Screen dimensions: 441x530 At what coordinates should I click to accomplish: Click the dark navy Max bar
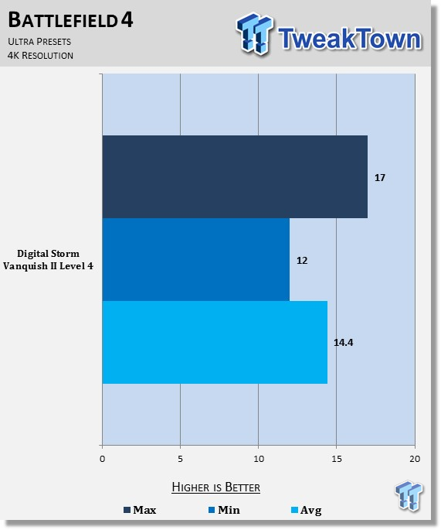coord(235,176)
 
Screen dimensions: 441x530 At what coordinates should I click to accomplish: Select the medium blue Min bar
coord(195,260)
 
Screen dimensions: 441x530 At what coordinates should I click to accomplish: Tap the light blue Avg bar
coord(215,343)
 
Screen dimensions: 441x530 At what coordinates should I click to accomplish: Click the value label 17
coord(379,178)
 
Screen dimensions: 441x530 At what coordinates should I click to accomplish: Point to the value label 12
coord(302,261)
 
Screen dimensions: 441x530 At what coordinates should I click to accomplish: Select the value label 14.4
coord(343,343)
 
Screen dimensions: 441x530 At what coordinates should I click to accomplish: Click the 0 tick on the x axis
coord(102,459)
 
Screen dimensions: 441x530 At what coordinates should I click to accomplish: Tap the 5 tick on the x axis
coord(180,459)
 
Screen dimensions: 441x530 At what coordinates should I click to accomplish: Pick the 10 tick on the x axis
coord(259,459)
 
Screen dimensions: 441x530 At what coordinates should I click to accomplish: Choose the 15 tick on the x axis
coord(337,459)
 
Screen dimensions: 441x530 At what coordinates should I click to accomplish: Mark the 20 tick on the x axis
coord(415,459)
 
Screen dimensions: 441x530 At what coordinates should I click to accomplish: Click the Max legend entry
coord(140,510)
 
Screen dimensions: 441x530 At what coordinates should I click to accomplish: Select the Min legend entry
coord(225,510)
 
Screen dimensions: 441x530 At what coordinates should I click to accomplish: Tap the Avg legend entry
coord(307,510)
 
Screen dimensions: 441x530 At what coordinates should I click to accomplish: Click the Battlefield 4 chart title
coord(70,20)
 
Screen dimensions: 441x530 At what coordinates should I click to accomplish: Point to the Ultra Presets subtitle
coord(39,42)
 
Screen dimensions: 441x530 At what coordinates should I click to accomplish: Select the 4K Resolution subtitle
coord(40,56)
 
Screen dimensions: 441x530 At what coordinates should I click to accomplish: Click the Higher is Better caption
coord(216,487)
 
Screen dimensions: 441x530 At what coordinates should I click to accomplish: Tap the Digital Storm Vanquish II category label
coord(48,260)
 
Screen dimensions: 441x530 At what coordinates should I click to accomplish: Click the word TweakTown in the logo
coord(350,39)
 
